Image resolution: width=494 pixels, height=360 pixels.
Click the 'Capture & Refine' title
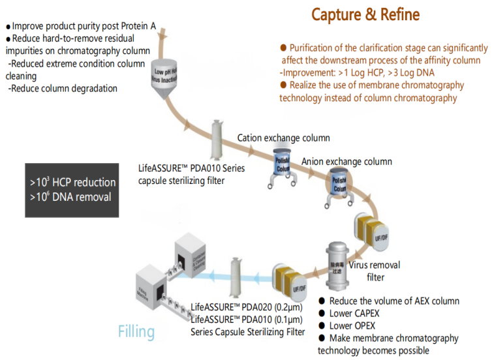(365, 14)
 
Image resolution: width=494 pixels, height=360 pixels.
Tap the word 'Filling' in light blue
(136, 331)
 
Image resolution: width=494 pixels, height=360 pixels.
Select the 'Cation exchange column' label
(283, 138)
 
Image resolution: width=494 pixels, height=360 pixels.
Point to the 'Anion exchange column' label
(347, 161)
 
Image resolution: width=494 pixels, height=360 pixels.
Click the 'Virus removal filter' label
(375, 271)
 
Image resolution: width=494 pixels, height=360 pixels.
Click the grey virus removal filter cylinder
(339, 267)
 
